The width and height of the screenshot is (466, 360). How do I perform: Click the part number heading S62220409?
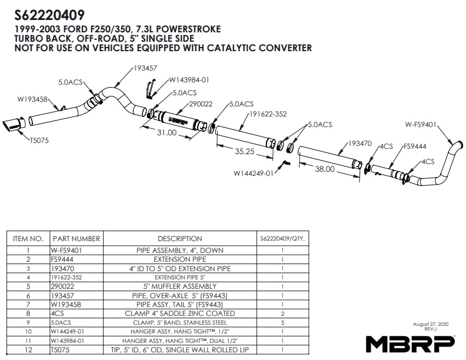pos(49,15)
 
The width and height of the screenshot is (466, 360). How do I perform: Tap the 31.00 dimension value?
pos(167,132)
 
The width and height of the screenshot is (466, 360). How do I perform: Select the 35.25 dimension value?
pos(245,152)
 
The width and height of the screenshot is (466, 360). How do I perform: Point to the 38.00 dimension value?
pos(325,169)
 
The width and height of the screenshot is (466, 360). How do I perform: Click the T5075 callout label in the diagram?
pos(39,141)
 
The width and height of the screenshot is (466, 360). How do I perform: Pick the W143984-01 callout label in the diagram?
pos(189,80)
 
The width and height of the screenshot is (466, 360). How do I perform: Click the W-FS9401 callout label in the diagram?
pos(421,125)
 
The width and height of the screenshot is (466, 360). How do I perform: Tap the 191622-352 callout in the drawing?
pos(268,114)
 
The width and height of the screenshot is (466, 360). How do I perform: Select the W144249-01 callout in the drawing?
pos(254,173)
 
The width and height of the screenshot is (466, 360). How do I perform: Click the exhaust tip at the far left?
pos(12,126)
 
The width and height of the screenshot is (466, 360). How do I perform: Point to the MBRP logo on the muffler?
pos(178,119)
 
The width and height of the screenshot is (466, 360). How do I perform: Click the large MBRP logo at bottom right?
pos(410,344)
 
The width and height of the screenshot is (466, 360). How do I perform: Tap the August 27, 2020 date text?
pos(431,324)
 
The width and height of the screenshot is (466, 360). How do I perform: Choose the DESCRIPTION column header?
pos(180,239)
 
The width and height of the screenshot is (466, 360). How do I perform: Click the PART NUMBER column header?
pos(76,239)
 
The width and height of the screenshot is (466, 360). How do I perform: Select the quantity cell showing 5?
pos(282,322)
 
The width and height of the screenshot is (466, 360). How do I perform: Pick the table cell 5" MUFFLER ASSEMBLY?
pos(180,286)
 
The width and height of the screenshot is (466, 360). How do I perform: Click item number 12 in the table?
pos(28,349)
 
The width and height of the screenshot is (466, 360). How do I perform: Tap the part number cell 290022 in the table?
pos(62,286)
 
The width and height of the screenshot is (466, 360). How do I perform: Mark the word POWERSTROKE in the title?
pos(188,29)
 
